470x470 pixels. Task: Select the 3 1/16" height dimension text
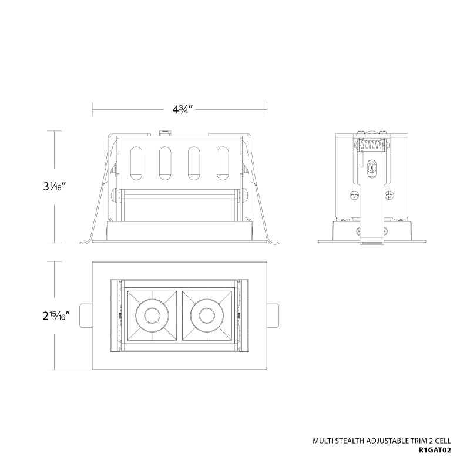54,187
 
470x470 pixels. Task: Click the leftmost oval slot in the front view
136,163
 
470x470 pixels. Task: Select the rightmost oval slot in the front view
223,163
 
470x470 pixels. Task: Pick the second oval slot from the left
165,163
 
